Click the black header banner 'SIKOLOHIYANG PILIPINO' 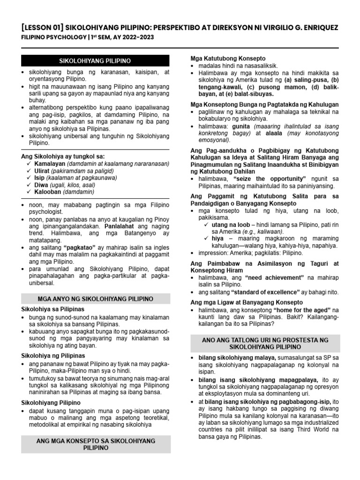[95, 61]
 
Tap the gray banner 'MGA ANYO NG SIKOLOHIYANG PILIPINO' [95, 299]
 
